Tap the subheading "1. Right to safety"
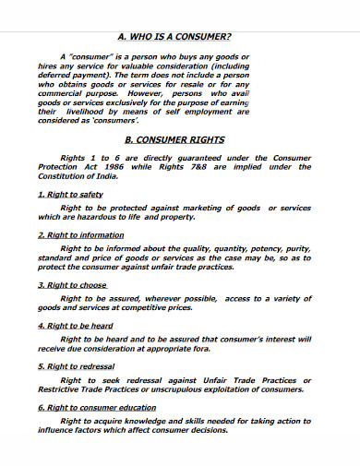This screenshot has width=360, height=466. point(70,195)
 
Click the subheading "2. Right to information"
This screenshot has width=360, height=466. point(81,236)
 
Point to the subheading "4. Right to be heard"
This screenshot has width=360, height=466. point(77,326)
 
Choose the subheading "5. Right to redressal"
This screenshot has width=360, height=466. point(77,366)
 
